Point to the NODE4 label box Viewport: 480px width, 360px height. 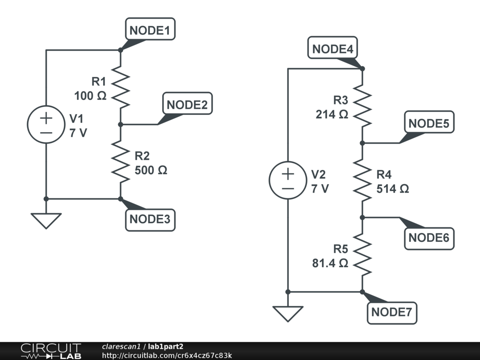(332, 49)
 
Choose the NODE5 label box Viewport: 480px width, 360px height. (428, 124)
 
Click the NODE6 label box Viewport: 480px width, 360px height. (428, 238)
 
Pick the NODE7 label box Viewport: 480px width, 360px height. (393, 312)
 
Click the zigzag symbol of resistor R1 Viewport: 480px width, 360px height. (120, 87)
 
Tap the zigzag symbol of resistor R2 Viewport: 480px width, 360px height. (120, 162)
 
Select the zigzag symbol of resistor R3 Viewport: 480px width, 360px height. (362, 106)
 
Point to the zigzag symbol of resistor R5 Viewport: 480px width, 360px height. (362, 255)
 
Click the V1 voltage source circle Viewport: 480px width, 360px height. (46, 124)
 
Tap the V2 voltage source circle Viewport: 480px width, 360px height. (288, 180)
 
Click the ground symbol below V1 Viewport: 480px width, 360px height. (46, 220)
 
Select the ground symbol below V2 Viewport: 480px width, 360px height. (288, 313)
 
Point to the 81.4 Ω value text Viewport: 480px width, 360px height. (330, 263)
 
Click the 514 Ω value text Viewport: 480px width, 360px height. (393, 188)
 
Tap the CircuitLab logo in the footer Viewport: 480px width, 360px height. (51, 351)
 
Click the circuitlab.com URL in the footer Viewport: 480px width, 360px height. (167, 355)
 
